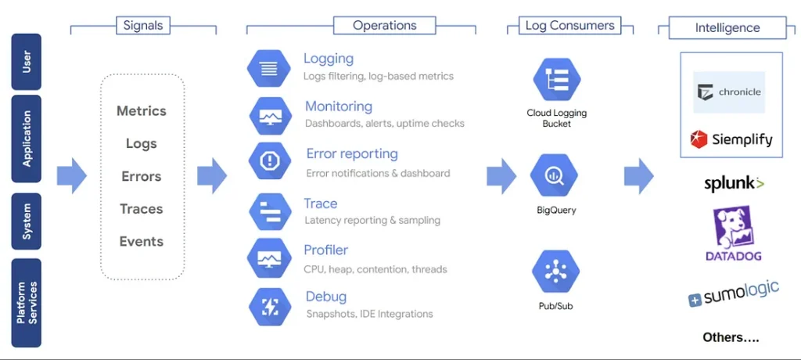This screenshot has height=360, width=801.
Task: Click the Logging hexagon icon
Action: point(269,68)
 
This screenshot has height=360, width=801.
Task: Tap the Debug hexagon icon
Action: point(270,306)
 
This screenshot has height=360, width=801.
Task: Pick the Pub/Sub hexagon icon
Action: point(555,272)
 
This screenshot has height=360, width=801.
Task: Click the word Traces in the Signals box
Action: point(142,209)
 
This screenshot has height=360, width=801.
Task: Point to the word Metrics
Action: point(142,111)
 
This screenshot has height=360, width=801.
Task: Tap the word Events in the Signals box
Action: point(142,242)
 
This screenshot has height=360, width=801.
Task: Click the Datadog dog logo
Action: point(733,227)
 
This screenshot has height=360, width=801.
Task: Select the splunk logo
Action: point(733,184)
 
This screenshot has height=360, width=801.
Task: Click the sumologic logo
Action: point(733,294)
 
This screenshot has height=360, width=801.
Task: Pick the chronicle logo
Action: point(729,92)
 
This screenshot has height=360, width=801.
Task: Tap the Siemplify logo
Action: point(731,140)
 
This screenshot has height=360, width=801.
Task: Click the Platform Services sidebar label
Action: point(27,303)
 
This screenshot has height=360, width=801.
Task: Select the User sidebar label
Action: point(27,62)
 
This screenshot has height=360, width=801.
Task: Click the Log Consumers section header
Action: point(569,26)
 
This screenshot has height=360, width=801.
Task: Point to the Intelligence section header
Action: point(727,28)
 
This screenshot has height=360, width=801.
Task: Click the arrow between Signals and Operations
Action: point(211,175)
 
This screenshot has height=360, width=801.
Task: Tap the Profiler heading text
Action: point(325,250)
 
